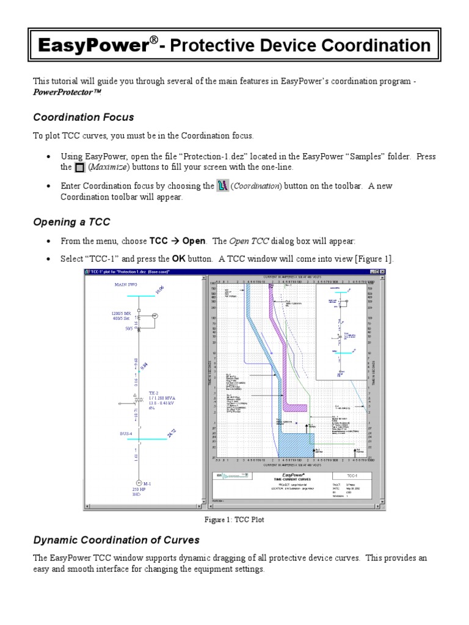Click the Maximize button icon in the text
coord(79,167)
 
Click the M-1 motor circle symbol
coord(137,483)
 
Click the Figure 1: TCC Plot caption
coord(234,519)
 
